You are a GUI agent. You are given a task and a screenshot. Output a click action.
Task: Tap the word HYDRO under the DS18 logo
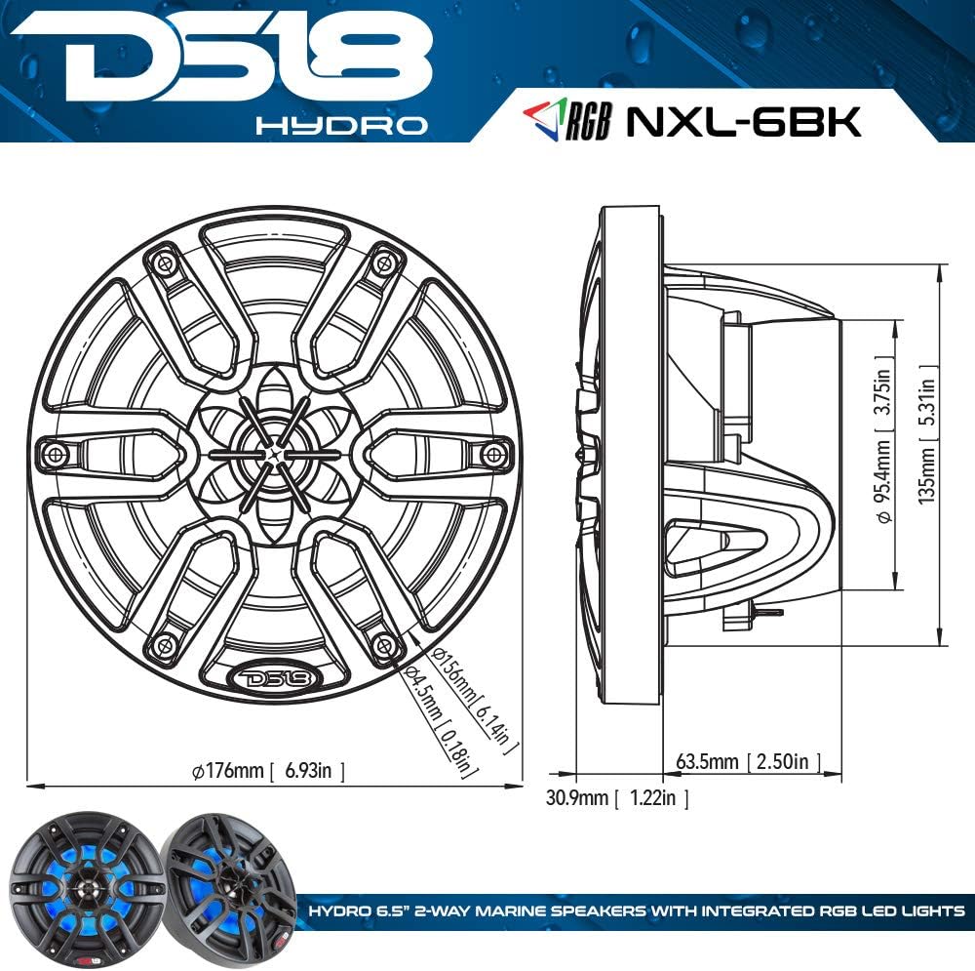(x=340, y=126)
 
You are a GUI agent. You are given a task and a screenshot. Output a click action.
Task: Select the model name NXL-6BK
(x=742, y=121)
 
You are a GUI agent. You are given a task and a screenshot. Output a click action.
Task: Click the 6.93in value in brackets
(x=314, y=771)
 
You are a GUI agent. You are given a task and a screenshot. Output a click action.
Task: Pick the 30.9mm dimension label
(x=577, y=798)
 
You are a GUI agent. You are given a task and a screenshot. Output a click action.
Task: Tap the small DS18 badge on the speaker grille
(x=270, y=677)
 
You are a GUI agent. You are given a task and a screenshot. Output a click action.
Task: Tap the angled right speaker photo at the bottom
(x=228, y=884)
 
